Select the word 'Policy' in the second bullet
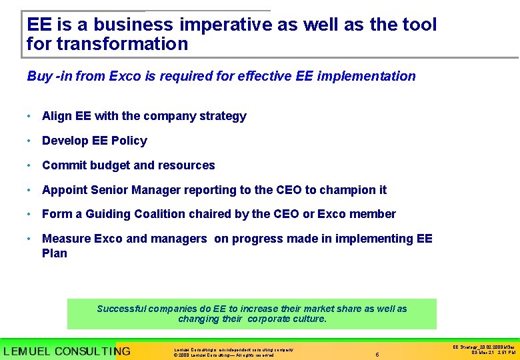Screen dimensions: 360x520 tap(129, 141)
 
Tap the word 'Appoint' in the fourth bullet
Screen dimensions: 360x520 tap(65, 190)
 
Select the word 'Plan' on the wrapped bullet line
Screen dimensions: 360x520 tap(55, 253)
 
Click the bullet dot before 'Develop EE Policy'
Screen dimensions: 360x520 tap(30, 141)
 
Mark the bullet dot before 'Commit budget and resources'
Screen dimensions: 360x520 tap(30, 165)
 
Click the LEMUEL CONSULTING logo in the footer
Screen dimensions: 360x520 tap(67, 351)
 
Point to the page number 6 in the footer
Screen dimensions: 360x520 tap(377, 355)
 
